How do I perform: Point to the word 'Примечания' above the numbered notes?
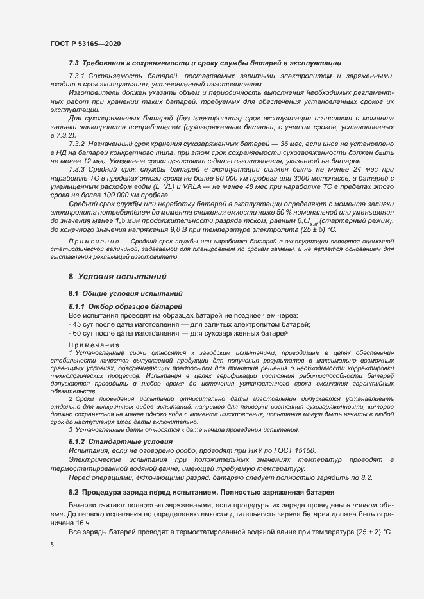click(89, 345)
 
